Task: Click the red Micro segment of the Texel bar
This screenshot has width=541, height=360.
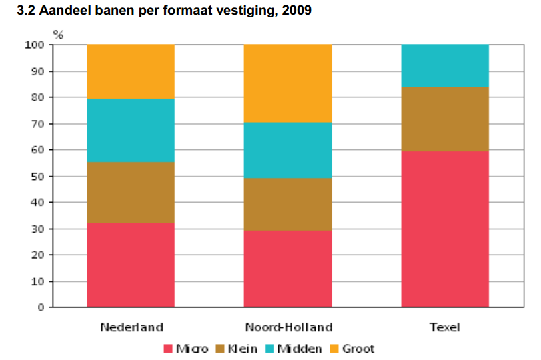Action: point(444,229)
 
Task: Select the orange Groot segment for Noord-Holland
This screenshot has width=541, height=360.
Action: point(288,83)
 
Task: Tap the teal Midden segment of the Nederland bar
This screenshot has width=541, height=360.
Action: point(131,131)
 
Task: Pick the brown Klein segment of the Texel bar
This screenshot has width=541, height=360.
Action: point(444,119)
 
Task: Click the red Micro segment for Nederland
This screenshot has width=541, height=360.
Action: point(131,265)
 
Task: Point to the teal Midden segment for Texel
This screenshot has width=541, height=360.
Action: point(444,65)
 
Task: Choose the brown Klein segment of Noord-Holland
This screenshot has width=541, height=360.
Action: point(288,204)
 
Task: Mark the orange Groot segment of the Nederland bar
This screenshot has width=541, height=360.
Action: point(131,71)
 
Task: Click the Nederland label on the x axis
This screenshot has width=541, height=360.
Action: point(131,327)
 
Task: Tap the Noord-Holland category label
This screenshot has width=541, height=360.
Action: point(288,327)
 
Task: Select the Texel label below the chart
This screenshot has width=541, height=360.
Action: point(444,327)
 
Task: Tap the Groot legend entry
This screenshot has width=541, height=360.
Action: point(353,349)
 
